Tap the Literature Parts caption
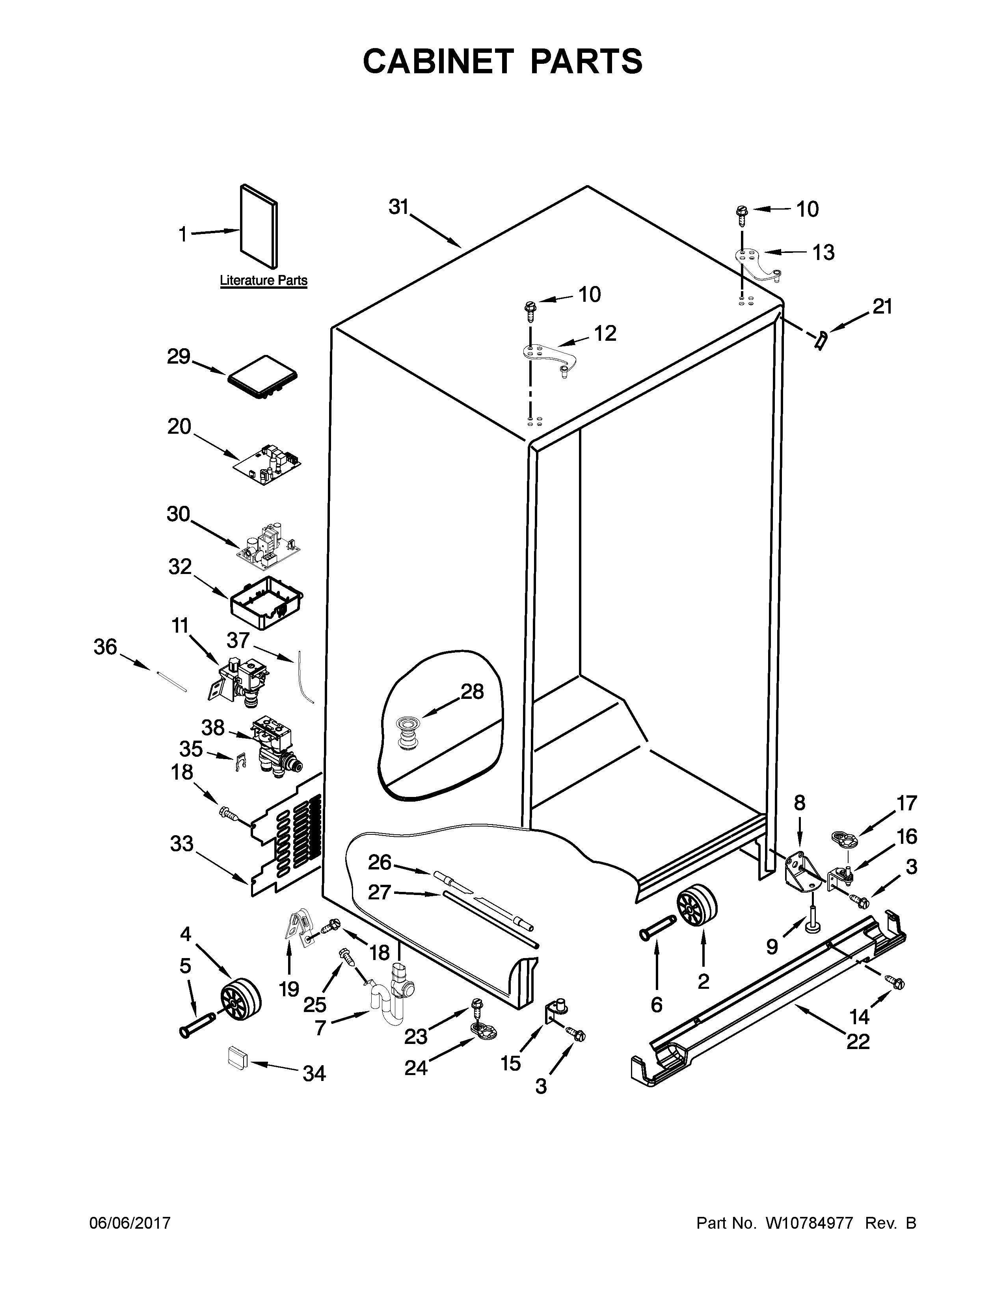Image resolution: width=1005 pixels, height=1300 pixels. [x=263, y=280]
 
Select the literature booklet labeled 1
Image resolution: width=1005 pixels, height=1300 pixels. [x=259, y=226]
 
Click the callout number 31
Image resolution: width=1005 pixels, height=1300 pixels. [x=398, y=207]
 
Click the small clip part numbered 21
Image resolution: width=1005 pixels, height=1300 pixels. [x=821, y=341]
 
